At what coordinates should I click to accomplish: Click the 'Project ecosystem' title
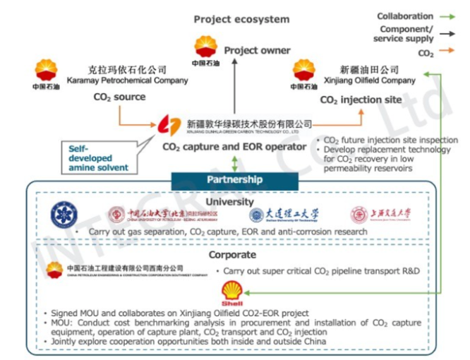click(241, 19)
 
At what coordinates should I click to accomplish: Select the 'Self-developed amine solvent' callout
click(98, 158)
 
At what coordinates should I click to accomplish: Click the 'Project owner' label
click(257, 50)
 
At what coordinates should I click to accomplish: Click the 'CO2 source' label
click(119, 97)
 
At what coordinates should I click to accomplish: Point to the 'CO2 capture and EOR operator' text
click(234, 148)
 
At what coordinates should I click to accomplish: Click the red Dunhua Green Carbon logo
click(169, 127)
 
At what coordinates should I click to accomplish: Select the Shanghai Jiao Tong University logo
click(380, 214)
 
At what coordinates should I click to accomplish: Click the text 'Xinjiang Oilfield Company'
click(369, 81)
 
